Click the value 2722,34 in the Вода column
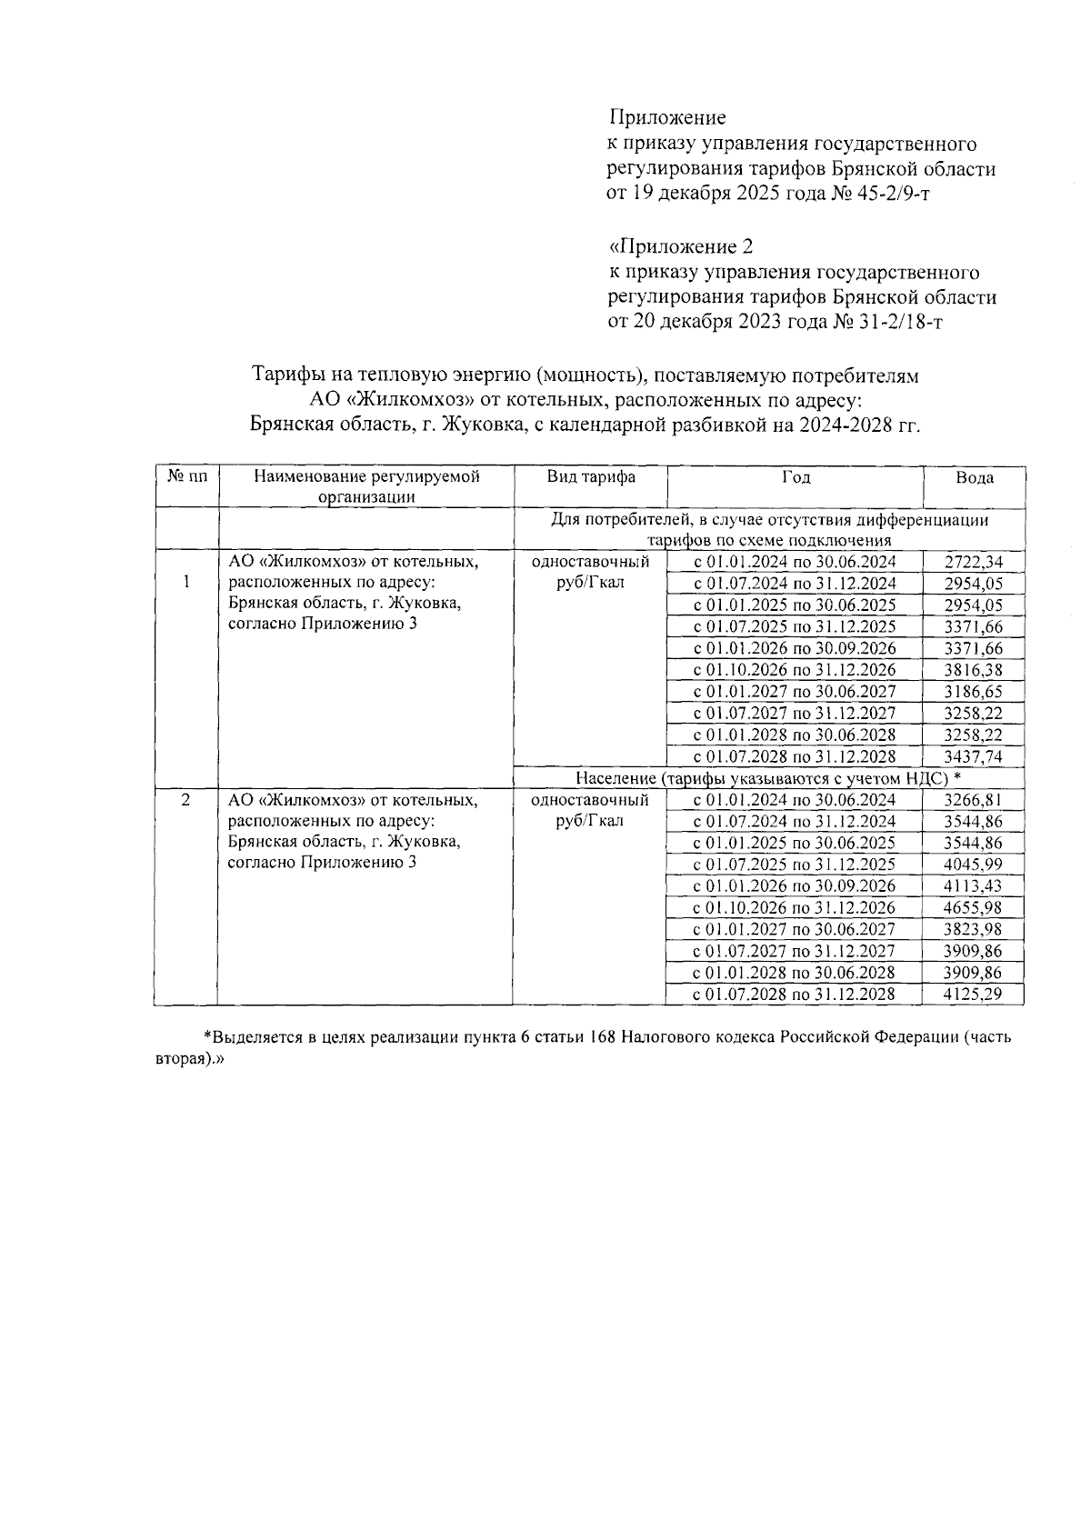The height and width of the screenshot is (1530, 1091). point(973,562)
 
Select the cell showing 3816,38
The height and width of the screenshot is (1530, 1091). point(973,670)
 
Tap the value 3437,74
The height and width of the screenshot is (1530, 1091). point(973,756)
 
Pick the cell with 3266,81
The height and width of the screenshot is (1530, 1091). point(973,800)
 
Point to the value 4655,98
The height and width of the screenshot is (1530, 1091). point(973,907)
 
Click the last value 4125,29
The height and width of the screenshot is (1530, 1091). point(973,994)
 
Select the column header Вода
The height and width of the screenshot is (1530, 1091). point(974,478)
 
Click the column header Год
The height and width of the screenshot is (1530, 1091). point(796,477)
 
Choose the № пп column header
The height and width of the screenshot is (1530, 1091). point(185,477)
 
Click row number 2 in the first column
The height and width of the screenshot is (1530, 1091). point(185,800)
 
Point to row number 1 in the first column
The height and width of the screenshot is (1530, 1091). point(185,583)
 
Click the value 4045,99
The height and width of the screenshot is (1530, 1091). point(973,865)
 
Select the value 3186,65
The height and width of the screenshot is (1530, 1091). point(973,692)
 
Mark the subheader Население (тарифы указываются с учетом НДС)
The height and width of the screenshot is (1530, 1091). point(768,778)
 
